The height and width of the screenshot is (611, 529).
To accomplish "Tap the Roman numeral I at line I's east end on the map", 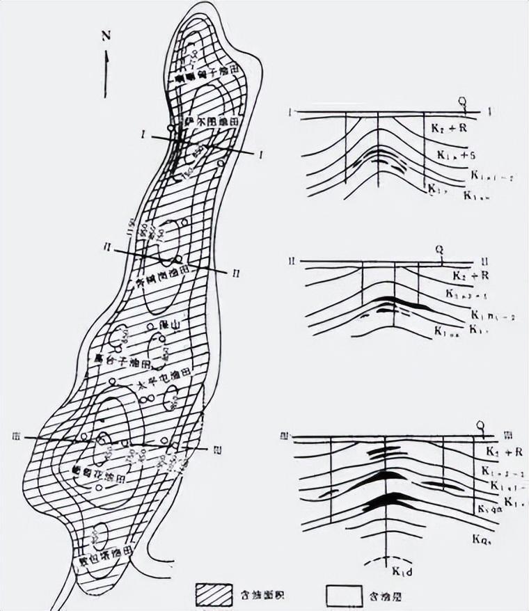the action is (260, 153).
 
